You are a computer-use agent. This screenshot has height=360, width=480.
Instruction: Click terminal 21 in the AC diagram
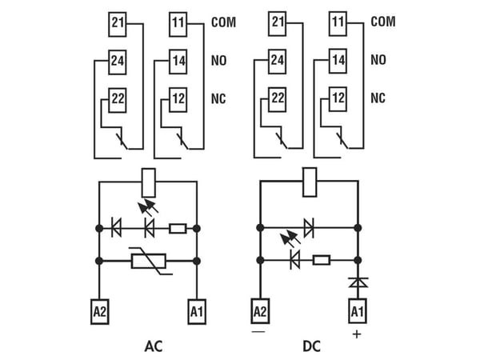(118, 25)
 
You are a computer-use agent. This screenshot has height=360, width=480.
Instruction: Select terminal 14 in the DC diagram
(338, 61)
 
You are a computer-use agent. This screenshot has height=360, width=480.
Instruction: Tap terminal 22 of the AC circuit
(118, 101)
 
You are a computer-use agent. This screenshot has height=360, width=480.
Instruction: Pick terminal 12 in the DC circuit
(338, 99)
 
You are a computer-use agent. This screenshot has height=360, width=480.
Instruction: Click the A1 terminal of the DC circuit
(358, 311)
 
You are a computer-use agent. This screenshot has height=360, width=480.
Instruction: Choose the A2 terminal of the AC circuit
(100, 312)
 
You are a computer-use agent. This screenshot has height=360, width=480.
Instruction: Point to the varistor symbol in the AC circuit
(149, 261)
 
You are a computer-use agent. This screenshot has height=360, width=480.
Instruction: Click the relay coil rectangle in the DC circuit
(310, 182)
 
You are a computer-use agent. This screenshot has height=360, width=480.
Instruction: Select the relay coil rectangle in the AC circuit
(149, 182)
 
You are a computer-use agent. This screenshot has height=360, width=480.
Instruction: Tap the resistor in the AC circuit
(178, 229)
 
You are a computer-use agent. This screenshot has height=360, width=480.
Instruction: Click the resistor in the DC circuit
(322, 260)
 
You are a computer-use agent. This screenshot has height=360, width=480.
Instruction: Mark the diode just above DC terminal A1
(358, 282)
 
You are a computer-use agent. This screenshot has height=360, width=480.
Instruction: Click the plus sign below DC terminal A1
(357, 334)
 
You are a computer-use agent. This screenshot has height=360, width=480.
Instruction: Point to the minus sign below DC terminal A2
(258, 331)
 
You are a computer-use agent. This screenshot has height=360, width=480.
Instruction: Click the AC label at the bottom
(154, 346)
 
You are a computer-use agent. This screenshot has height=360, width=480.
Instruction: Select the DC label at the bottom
(312, 346)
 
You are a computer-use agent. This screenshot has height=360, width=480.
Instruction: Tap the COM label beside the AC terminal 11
(224, 22)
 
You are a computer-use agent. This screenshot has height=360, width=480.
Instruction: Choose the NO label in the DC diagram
(378, 60)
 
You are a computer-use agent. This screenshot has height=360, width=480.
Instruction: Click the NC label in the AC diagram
(218, 98)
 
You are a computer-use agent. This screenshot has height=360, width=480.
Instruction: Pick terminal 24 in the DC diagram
(278, 62)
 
